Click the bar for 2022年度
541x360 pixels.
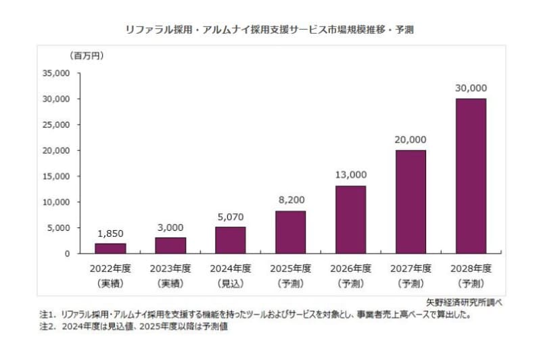click(111, 248)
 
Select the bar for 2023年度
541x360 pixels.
click(170, 246)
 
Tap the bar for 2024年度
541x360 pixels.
click(231, 240)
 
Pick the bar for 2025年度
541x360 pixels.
click(290, 232)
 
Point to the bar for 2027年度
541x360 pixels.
click(410, 202)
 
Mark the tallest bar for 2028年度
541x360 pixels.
click(470, 176)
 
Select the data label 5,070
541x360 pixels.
click(231, 218)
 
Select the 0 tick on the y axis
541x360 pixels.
click(67, 254)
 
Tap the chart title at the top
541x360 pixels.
click(270, 30)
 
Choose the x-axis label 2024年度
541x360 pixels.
click(231, 268)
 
